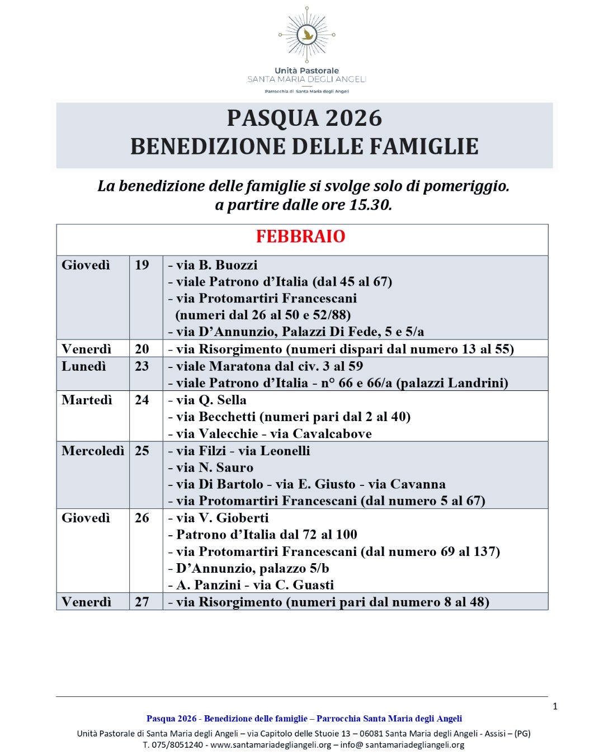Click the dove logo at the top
[306, 35]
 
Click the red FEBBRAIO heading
[300, 237]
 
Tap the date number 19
[142, 265]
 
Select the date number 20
[142, 349]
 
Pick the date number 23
[142, 366]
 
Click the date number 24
[142, 400]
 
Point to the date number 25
[142, 451]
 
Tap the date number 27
[142, 602]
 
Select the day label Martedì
[87, 400]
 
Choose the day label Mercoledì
[93, 451]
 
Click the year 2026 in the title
[353, 119]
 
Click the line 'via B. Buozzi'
[213, 265]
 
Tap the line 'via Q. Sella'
[207, 400]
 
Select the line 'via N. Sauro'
[211, 468]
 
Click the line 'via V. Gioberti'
[219, 518]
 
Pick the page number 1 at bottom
[555, 706]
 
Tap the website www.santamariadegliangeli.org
[271, 745]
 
